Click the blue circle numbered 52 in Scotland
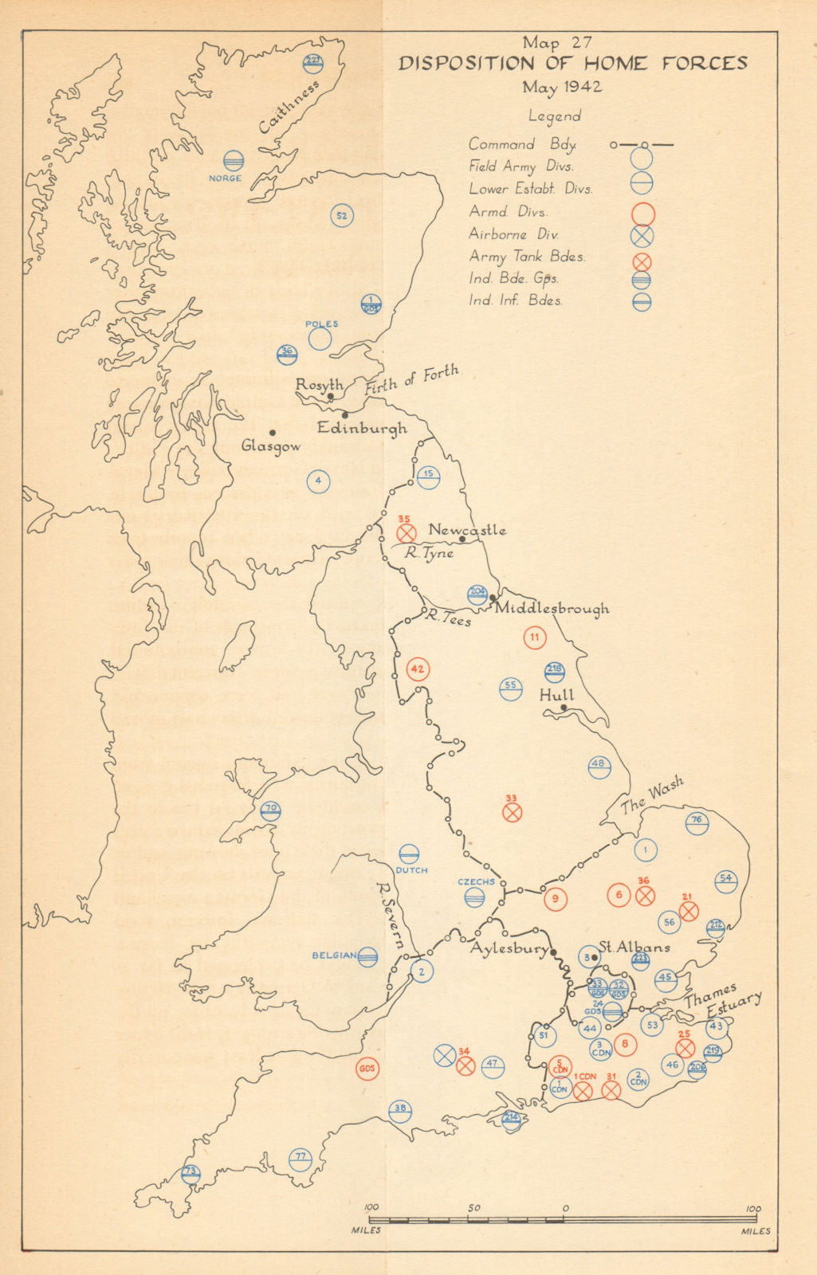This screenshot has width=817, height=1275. [x=342, y=216]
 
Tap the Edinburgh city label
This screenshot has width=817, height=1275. [x=362, y=428]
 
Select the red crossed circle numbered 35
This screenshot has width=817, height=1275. [x=407, y=532]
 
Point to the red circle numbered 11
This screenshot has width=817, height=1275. [x=535, y=637]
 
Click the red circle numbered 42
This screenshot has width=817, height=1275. [x=418, y=669]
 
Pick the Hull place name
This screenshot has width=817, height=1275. [x=556, y=695]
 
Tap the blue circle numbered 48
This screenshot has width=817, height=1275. [x=599, y=766]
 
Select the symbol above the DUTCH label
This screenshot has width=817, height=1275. [x=410, y=853]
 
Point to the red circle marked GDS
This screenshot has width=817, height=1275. [x=367, y=1069]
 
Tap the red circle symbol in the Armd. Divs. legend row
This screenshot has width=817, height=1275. [x=642, y=213]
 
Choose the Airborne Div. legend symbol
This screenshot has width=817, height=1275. [x=642, y=235]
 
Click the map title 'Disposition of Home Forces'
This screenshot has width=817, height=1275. [x=572, y=64]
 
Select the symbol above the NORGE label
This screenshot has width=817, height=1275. [x=234, y=161]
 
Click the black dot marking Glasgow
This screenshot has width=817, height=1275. [x=273, y=433]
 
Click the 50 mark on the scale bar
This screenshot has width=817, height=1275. [x=474, y=1208]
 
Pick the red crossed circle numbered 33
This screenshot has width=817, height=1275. [x=513, y=812]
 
